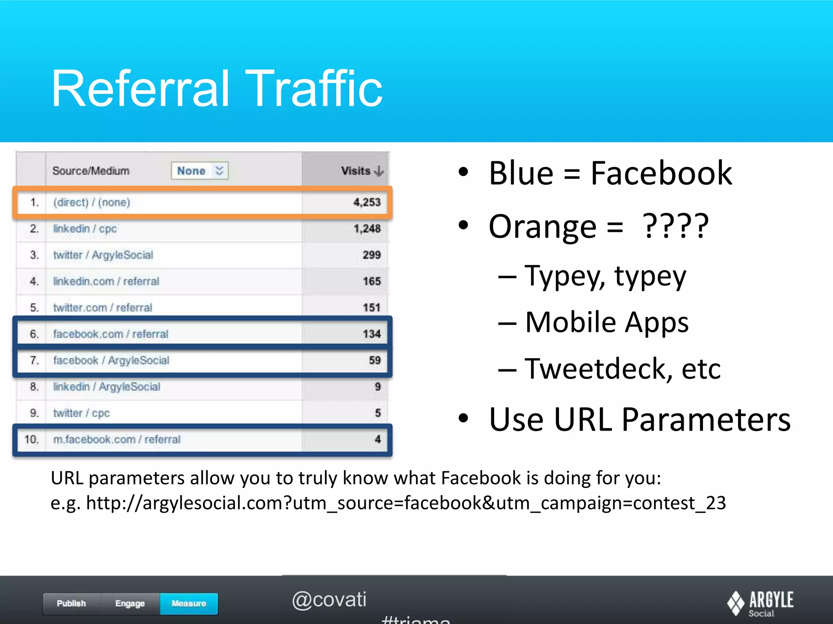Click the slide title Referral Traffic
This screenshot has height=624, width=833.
(x=217, y=88)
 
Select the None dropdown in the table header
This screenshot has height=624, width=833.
(x=200, y=171)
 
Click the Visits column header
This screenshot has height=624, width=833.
(x=361, y=171)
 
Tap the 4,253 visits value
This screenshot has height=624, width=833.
(x=366, y=202)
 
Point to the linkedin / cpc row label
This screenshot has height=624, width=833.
(x=85, y=229)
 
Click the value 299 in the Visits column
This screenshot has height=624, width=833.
(x=371, y=255)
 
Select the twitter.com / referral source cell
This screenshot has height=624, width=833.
(x=102, y=308)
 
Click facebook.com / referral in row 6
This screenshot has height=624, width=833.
(x=111, y=334)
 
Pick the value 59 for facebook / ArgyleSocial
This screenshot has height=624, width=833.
(x=375, y=360)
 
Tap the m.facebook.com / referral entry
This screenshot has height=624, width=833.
(x=117, y=440)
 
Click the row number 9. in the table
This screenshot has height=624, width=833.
(x=34, y=413)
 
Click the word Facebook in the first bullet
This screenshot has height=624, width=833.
(x=661, y=173)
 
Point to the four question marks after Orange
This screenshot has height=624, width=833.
(x=676, y=226)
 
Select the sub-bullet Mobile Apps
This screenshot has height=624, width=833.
(x=606, y=322)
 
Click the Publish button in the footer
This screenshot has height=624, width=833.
(x=72, y=603)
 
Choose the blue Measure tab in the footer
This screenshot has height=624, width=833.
(x=189, y=603)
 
